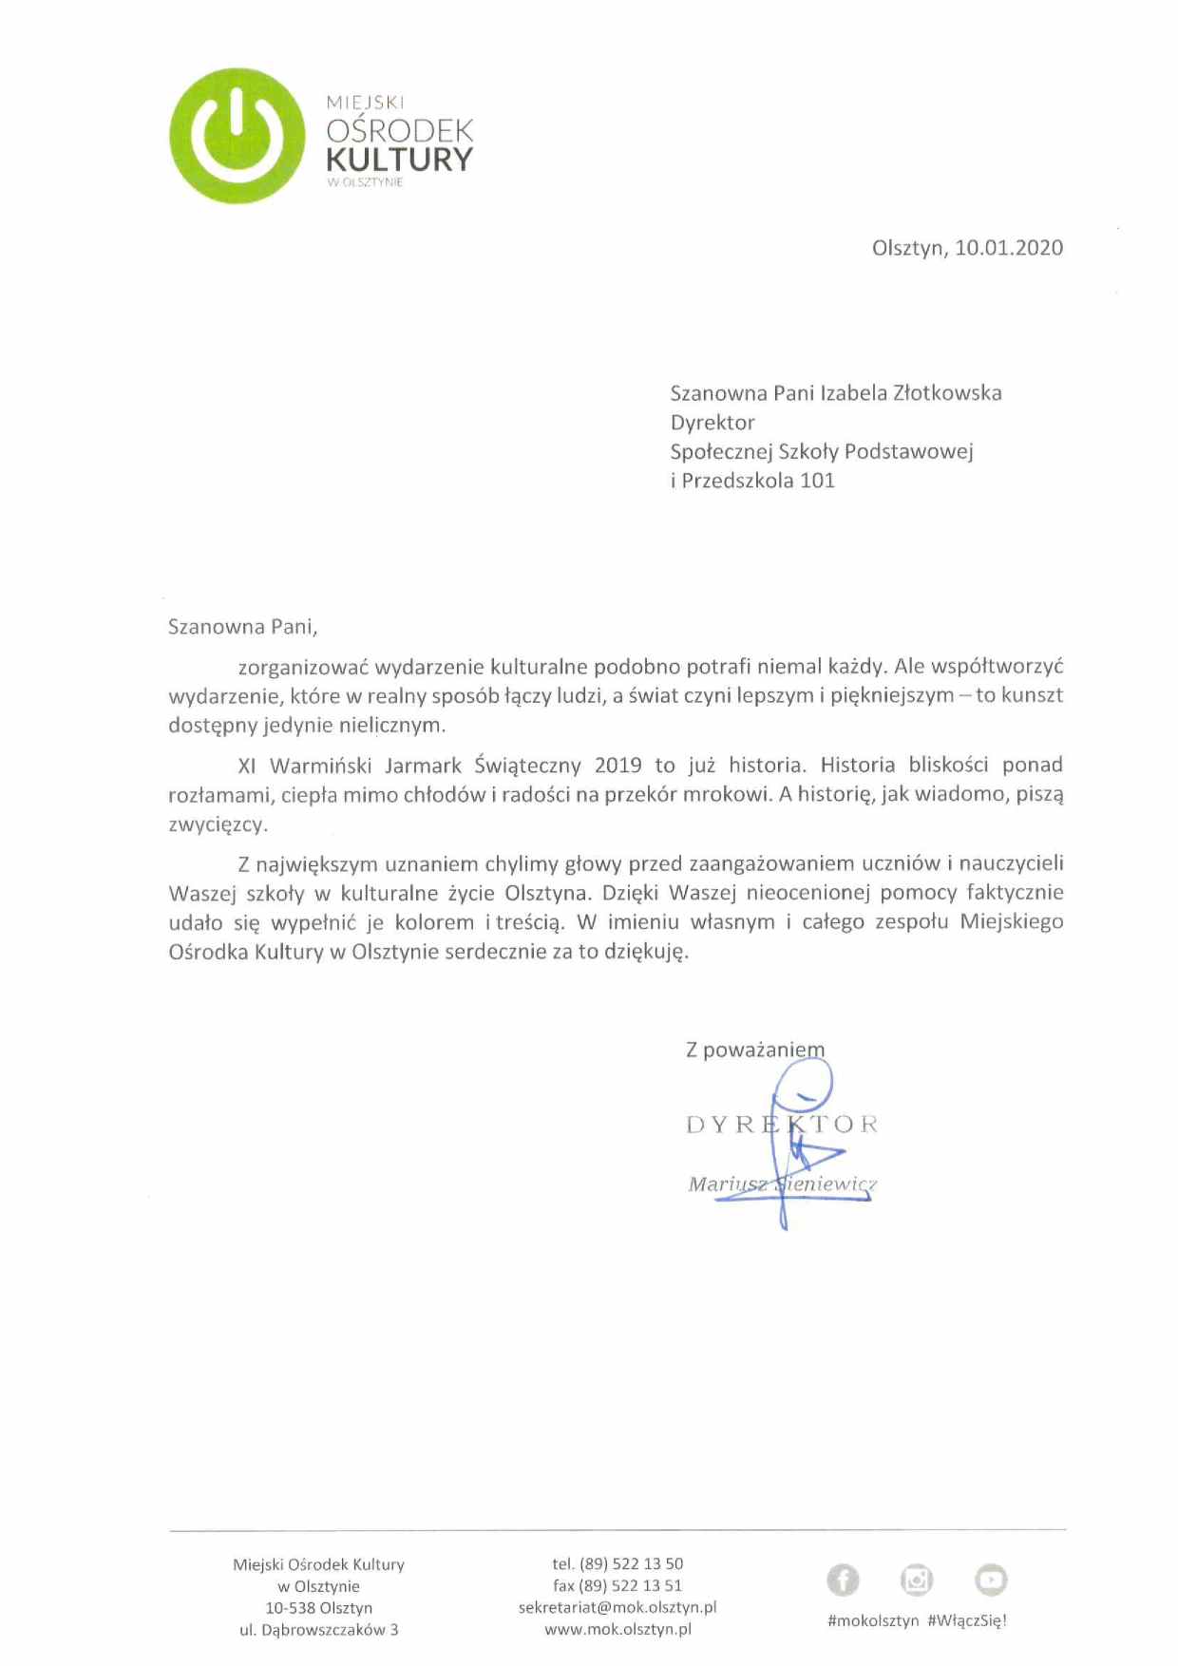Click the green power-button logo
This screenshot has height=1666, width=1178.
[237, 136]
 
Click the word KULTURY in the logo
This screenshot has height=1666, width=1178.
[399, 160]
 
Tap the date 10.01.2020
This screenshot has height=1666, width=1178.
[1009, 248]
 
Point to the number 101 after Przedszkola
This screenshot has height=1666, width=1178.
[817, 481]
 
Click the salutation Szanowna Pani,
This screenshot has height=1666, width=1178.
[242, 627]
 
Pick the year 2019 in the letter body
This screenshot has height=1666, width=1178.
[617, 766]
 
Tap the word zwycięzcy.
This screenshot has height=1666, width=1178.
[218, 824]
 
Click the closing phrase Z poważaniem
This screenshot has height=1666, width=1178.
[755, 1050]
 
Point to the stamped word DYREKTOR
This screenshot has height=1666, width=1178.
[782, 1125]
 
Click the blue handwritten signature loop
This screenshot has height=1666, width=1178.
[803, 1083]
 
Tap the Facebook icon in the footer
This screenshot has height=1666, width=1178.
[843, 1580]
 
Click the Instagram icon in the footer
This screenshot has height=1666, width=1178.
[917, 1580]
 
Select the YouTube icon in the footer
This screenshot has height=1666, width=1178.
[991, 1580]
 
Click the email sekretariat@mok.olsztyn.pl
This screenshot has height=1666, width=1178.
[617, 1607]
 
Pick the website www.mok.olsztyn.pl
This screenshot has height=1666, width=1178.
[617, 1629]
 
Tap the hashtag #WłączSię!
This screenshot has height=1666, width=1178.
[966, 1620]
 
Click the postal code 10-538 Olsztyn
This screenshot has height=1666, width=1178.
[318, 1608]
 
